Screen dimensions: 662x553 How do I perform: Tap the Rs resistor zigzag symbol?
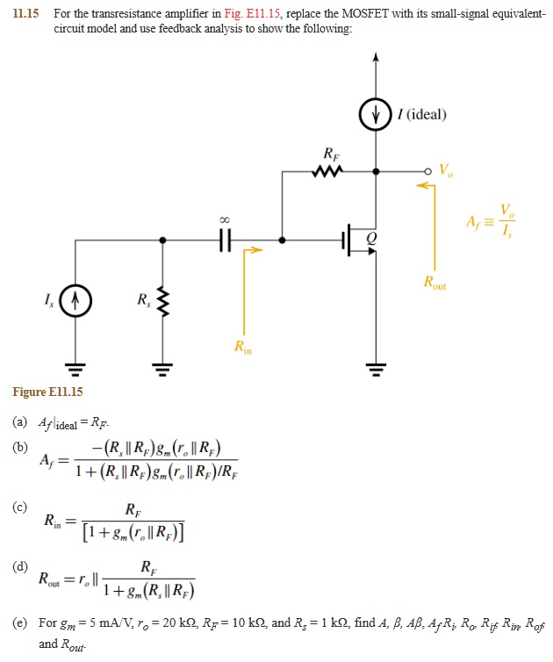162,305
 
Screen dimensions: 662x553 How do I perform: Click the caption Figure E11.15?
47,391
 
